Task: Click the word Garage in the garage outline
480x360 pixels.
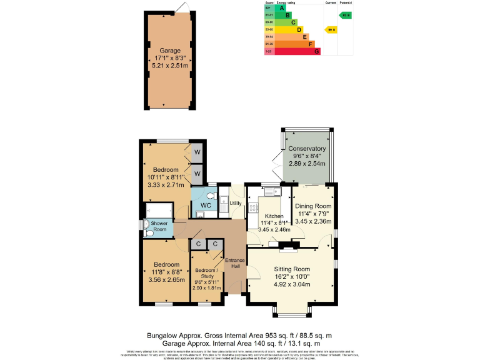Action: click(x=169, y=51)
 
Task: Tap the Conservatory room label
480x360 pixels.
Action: click(x=307, y=149)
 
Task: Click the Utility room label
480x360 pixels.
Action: click(x=235, y=204)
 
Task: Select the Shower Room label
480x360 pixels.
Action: click(x=159, y=226)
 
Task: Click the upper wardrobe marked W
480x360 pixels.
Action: click(x=197, y=152)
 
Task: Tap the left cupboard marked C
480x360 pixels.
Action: click(x=198, y=244)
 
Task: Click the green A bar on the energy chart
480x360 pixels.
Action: click(x=282, y=7)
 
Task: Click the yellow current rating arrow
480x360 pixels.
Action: click(x=329, y=29)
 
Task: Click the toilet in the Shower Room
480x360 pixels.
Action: click(x=147, y=227)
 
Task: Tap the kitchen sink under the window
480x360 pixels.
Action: click(x=276, y=190)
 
